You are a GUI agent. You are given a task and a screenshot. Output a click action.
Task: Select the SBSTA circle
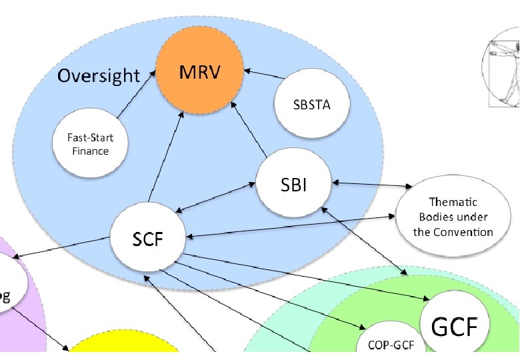pos(311,105)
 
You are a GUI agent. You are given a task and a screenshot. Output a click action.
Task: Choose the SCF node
pos(147,238)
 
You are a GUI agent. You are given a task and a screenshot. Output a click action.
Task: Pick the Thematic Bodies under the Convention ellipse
pos(453,217)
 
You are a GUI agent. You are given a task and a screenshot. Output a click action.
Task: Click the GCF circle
pos(455,327)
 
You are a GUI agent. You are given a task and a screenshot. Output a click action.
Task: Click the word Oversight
pos(99,75)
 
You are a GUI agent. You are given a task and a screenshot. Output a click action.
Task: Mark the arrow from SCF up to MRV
pos(166,160)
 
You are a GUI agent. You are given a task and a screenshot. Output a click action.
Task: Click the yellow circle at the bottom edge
pos(123,347)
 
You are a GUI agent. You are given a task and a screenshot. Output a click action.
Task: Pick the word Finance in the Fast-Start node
pos(90,151)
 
